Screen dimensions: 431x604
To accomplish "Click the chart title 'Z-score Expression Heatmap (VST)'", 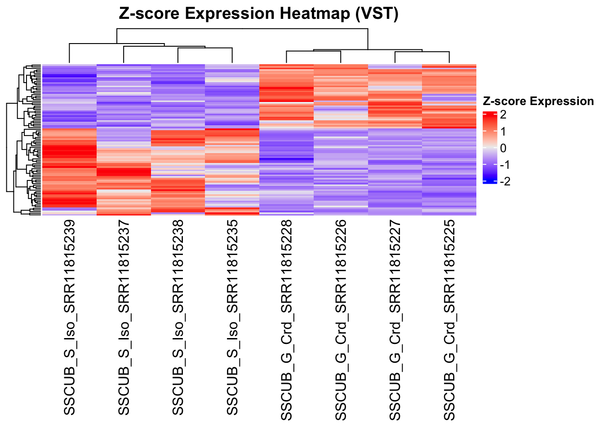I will click(x=258, y=14).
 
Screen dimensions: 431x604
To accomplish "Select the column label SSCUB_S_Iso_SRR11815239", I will click(x=69, y=317).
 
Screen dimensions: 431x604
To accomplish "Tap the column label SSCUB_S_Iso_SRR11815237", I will click(x=124, y=317).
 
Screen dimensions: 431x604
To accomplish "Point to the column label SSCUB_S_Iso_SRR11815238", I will click(x=178, y=317).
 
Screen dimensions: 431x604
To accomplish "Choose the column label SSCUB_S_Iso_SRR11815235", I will click(x=232, y=317).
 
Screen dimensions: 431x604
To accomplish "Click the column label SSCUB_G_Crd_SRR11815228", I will click(x=287, y=320).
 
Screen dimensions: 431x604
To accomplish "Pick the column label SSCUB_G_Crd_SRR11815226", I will click(x=341, y=320).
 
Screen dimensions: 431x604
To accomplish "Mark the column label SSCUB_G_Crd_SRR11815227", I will click(x=395, y=320).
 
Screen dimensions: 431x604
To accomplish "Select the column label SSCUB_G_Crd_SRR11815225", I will click(x=449, y=320).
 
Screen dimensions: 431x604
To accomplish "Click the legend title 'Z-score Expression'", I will click(x=538, y=101).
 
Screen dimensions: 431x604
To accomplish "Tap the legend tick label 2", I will click(x=503, y=115).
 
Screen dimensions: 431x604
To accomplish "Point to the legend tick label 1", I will click(x=503, y=132).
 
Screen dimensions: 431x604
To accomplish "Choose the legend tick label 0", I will click(x=503, y=148).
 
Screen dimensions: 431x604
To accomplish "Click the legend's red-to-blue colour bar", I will click(x=489, y=148).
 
